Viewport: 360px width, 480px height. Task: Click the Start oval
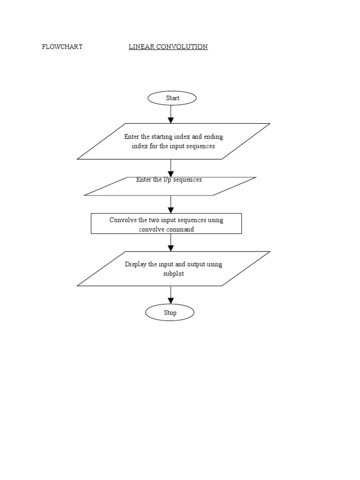coord(172,98)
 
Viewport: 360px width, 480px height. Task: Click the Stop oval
coord(170,313)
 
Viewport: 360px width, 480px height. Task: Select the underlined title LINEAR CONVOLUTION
coord(168,47)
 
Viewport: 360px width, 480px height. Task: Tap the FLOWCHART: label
coord(63,47)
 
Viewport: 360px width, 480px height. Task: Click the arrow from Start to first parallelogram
coord(171,113)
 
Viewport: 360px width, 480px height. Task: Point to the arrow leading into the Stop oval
coord(171,295)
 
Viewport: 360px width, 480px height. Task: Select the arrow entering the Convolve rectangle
coord(171,204)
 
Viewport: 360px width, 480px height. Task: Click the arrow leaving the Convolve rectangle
coord(171,242)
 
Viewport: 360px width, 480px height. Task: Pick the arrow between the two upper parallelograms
coord(171,168)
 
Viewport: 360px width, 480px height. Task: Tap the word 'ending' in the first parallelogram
coord(213,137)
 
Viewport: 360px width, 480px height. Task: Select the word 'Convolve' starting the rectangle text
coord(123,220)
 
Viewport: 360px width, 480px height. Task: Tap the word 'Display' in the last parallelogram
coord(135,264)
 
